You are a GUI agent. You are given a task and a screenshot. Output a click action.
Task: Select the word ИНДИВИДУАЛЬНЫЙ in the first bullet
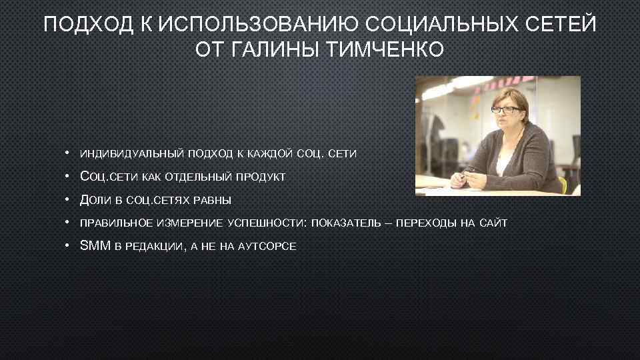click(x=131, y=154)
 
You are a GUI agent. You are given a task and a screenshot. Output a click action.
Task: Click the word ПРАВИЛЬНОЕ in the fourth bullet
click(x=116, y=223)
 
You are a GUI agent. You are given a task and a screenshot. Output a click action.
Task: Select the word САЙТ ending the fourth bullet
click(x=493, y=223)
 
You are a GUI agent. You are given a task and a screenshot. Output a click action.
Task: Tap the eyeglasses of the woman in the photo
click(x=505, y=110)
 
